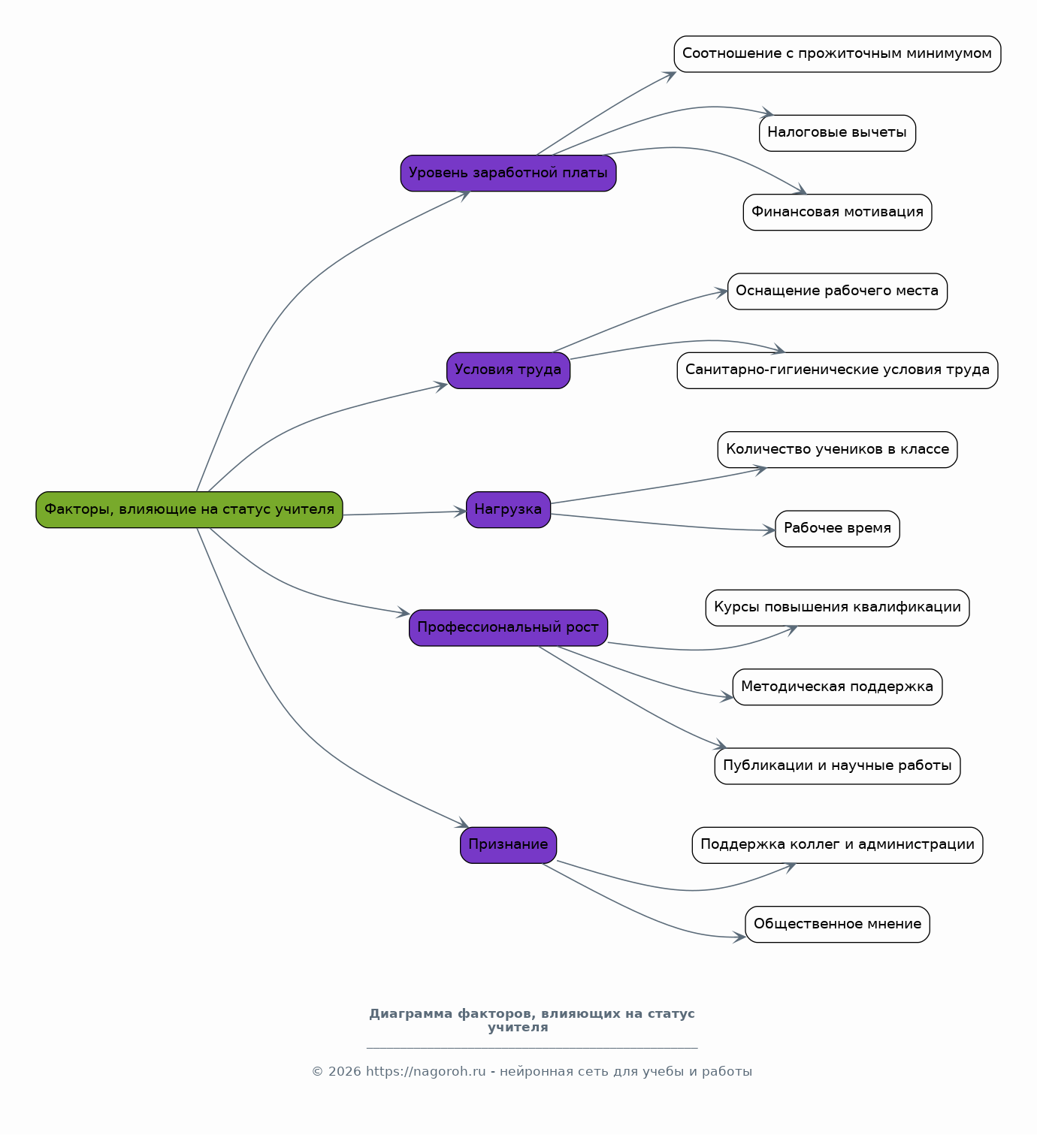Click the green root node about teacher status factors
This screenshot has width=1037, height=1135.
point(189,510)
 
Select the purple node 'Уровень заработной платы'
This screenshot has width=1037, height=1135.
point(508,173)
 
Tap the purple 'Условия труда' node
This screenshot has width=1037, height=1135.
point(508,370)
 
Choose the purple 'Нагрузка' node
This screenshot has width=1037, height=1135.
point(508,510)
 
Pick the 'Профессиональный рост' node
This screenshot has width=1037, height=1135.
point(508,628)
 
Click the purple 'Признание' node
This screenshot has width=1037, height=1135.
point(508,845)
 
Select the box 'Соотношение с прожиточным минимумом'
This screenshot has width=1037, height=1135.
point(837,54)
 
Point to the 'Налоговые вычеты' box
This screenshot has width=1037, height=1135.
point(837,133)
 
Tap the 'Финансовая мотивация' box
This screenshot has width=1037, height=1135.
point(837,212)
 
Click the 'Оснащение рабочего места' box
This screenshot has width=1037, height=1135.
point(837,291)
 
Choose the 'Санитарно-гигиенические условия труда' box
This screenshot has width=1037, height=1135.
point(837,370)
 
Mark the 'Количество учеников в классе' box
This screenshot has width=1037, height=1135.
point(837,450)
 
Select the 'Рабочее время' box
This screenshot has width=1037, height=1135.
point(837,529)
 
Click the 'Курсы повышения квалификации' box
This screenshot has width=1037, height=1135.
point(837,608)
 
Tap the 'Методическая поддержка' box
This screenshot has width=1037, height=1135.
point(837,687)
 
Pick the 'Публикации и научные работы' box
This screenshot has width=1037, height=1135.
point(837,766)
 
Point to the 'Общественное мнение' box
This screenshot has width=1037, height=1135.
point(837,925)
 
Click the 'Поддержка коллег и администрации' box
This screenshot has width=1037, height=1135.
point(837,845)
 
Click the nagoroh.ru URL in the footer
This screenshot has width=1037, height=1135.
point(425,1072)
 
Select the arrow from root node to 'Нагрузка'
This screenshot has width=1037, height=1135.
point(405,513)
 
